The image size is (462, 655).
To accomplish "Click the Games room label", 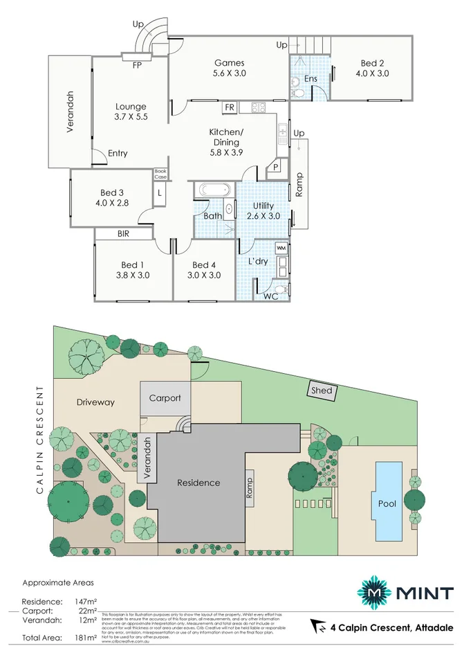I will click(228, 63).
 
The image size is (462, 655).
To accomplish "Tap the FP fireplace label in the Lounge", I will click(138, 66).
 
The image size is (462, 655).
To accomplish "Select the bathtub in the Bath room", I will click(214, 190).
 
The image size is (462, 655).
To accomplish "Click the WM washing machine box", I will click(281, 247).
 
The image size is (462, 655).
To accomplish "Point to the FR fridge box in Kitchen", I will click(230, 108).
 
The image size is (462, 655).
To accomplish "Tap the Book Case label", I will click(160, 174).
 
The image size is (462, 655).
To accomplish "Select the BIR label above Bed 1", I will click(123, 235).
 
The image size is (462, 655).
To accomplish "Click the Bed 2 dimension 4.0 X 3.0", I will click(372, 73).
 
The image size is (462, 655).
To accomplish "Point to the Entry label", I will click(118, 153).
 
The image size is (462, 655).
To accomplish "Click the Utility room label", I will click(263, 206).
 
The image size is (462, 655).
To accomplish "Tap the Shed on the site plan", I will click(322, 391).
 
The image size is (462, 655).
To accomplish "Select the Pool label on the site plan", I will click(387, 503).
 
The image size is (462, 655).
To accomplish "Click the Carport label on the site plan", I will click(165, 398).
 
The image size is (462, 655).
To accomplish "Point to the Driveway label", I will click(95, 402).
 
